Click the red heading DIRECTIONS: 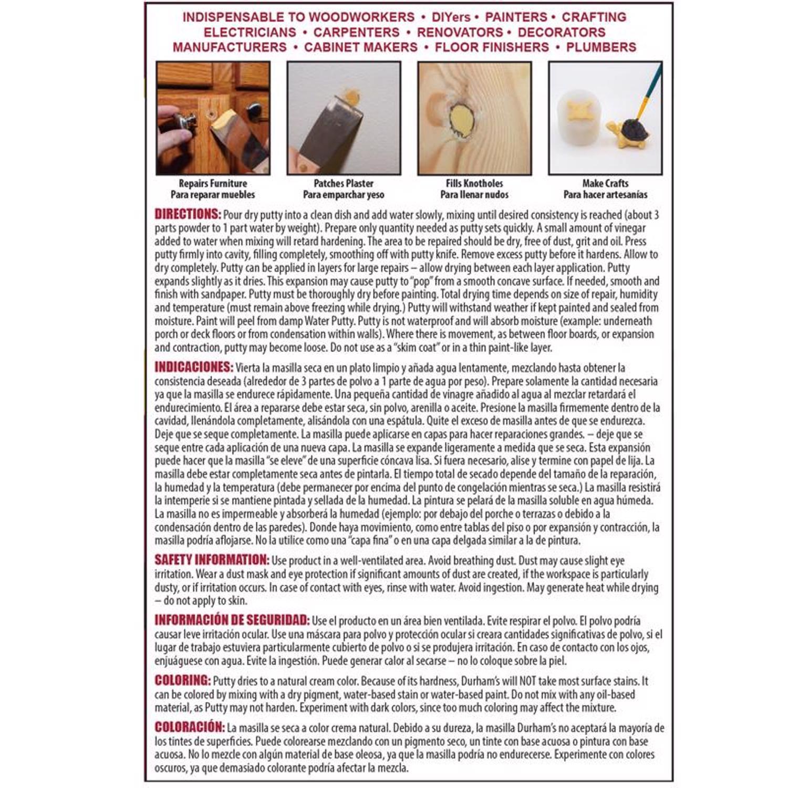[x=188, y=214]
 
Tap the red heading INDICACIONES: [x=193, y=367]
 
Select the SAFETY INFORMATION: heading [x=211, y=560]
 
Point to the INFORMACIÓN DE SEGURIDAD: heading [x=232, y=620]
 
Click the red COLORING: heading [x=182, y=680]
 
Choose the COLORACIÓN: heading [x=189, y=727]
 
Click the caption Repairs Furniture [x=213, y=183]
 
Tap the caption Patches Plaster [x=344, y=183]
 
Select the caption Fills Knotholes [x=474, y=183]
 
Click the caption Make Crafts [x=605, y=183]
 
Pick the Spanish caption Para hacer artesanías [x=605, y=194]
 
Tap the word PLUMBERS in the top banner [x=601, y=47]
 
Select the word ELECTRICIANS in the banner [x=250, y=32]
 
